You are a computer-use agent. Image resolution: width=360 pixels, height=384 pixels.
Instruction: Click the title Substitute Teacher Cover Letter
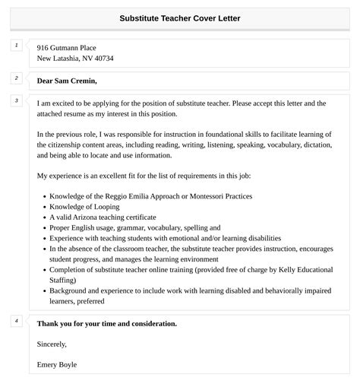180,17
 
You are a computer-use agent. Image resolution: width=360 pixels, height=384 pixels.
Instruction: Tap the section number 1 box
16,46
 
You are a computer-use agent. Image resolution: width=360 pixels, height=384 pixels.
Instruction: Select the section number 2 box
16,78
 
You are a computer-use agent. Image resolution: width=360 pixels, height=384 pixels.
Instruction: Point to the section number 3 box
16,100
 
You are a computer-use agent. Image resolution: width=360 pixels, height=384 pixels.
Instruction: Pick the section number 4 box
16,320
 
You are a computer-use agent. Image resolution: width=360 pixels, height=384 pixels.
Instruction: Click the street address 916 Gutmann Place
67,47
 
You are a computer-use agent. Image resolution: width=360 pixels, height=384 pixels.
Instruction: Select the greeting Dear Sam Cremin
67,81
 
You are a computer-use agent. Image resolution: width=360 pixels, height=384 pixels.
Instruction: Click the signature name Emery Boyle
57,364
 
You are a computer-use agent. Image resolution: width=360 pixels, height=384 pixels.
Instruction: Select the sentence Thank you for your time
106,323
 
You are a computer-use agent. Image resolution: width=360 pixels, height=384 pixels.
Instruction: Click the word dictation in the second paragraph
314,144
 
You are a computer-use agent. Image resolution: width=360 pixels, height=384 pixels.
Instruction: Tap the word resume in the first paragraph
82,113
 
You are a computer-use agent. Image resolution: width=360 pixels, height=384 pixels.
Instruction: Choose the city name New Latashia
62,59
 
